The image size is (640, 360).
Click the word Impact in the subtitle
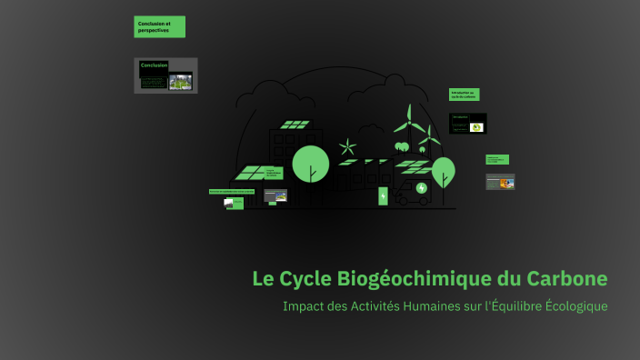[x=304, y=305]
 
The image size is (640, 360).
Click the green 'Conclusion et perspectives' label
[x=159, y=26]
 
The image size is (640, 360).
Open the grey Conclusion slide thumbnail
[x=165, y=75]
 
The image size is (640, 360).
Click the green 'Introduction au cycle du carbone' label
[x=464, y=95]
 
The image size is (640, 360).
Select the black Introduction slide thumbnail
[x=468, y=123]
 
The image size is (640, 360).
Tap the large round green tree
[x=310, y=163]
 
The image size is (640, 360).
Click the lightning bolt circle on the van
[x=420, y=190]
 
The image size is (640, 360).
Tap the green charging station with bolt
[x=383, y=195]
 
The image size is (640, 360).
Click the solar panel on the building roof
[x=293, y=125]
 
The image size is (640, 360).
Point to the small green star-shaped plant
[x=347, y=145]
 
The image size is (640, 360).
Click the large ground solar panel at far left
[x=253, y=172]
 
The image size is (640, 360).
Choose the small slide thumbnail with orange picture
[x=500, y=182]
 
